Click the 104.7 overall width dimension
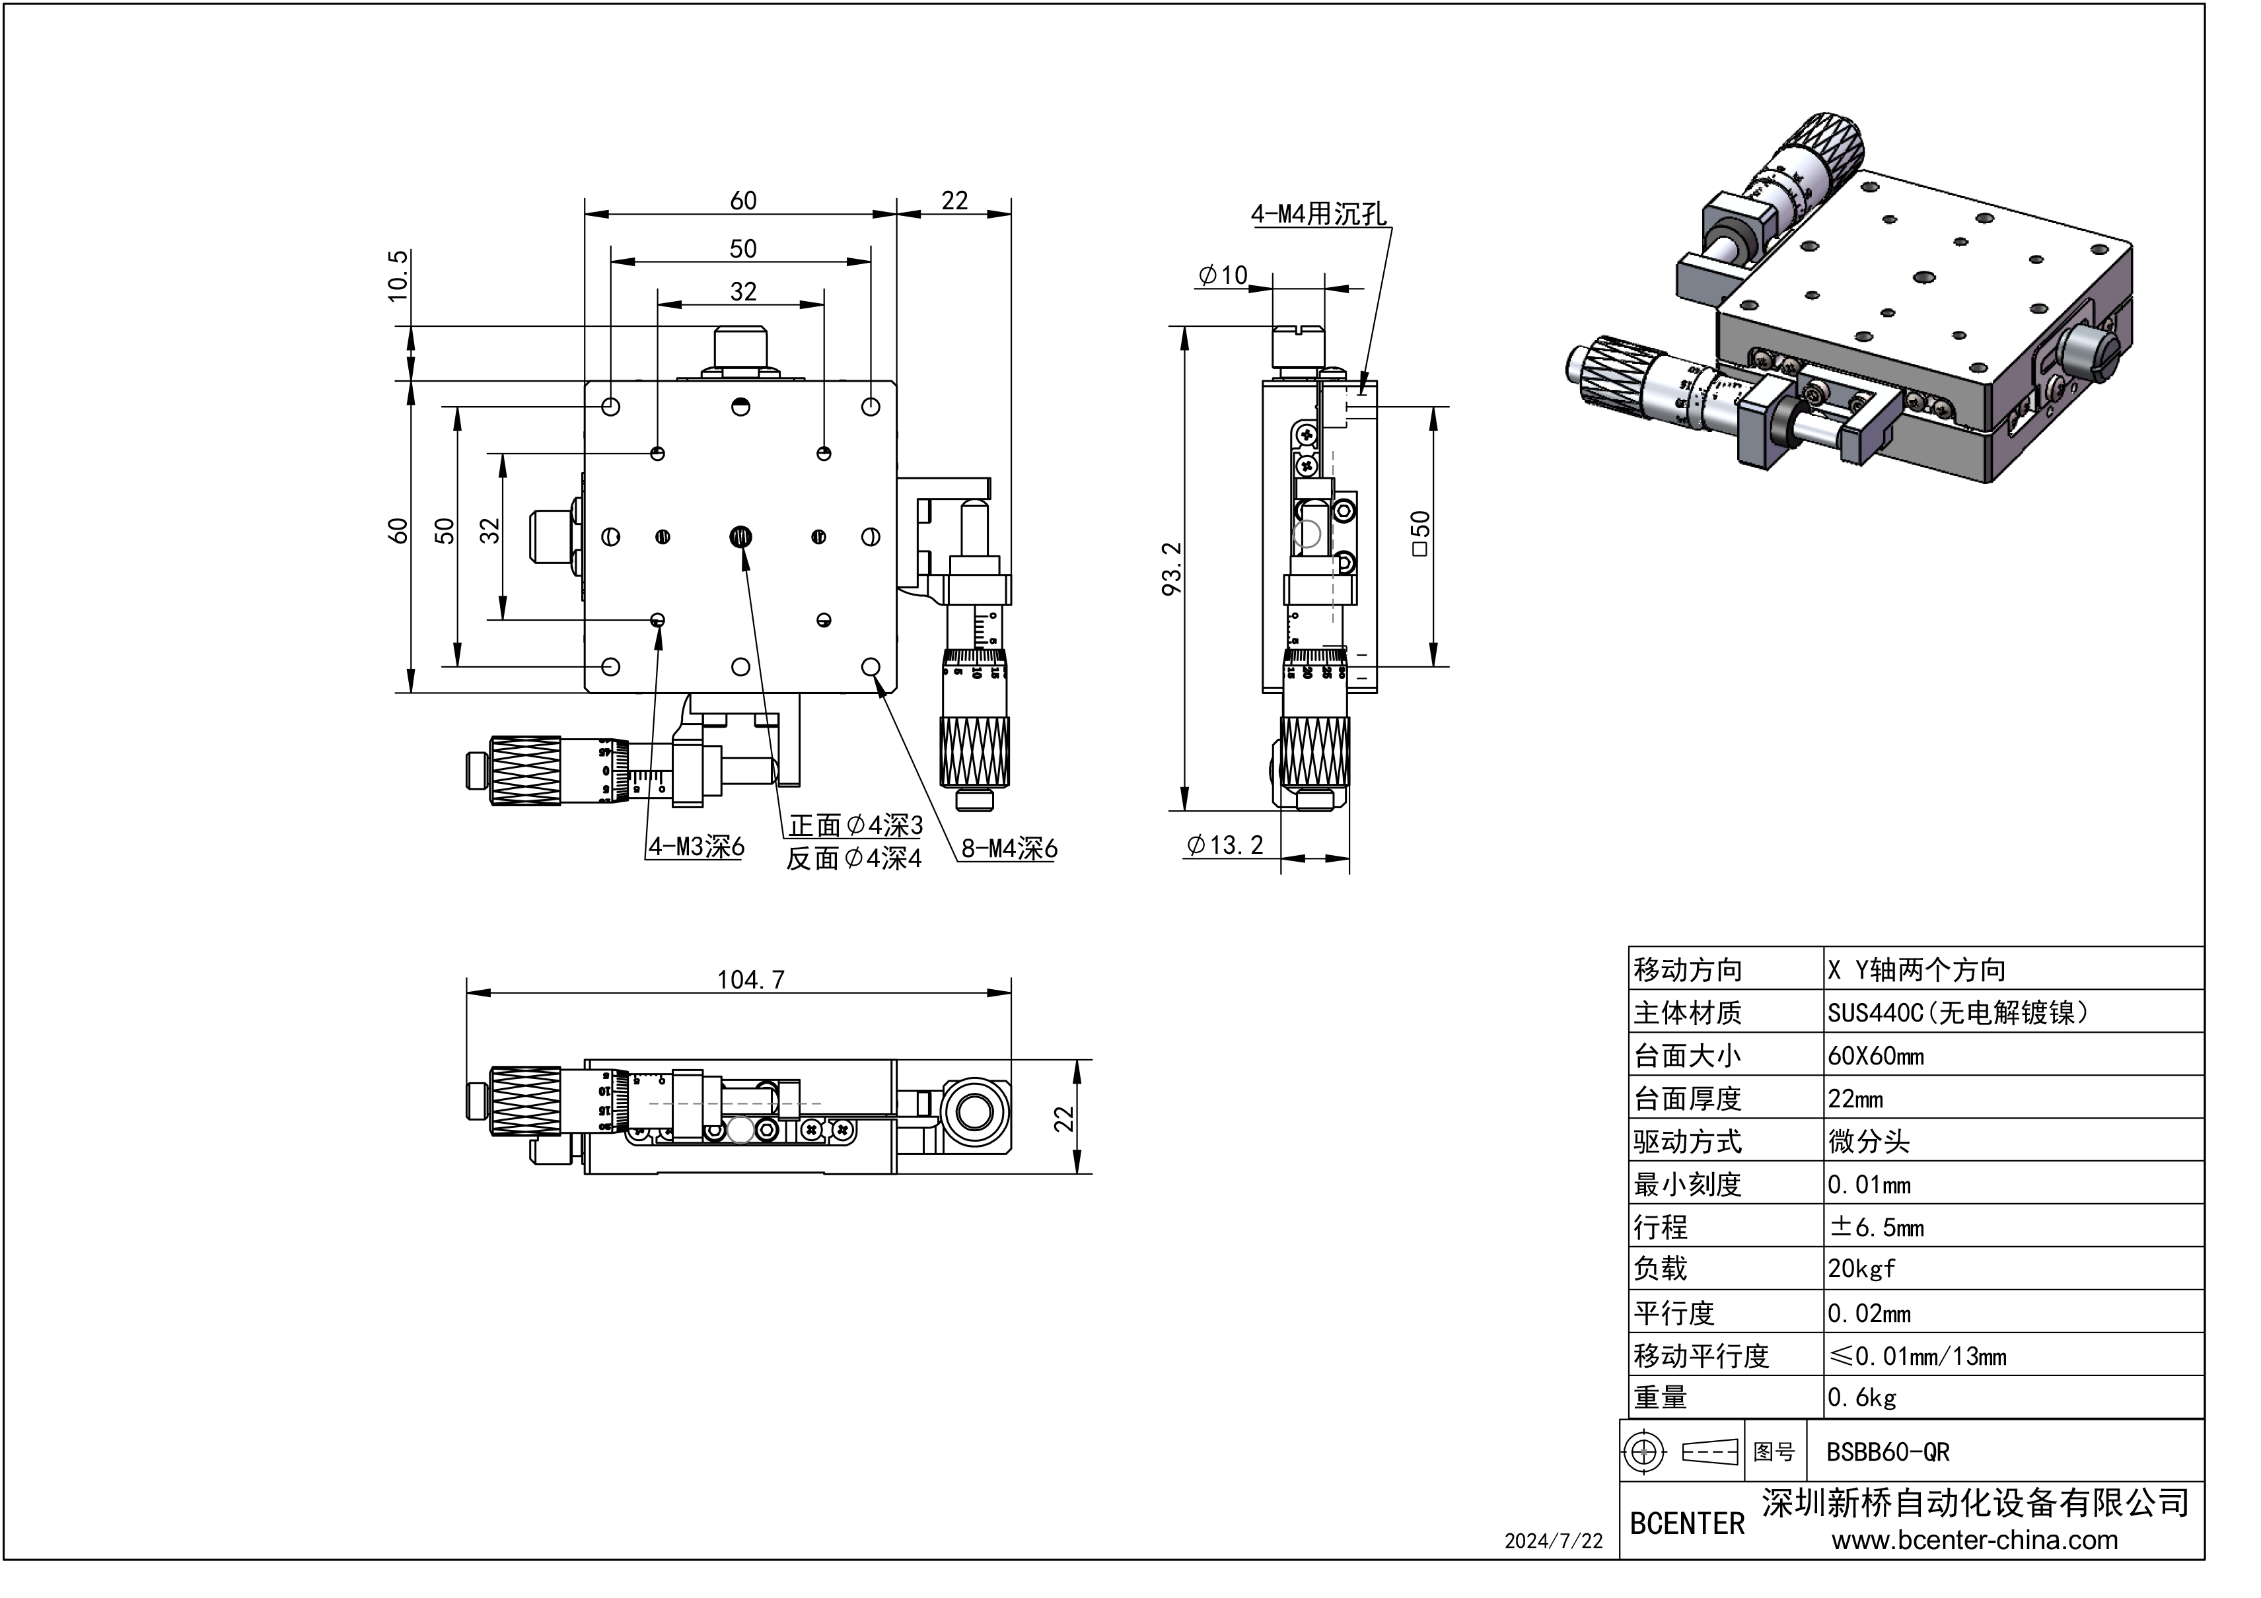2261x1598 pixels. click(x=750, y=980)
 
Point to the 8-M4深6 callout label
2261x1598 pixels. click(x=1009, y=848)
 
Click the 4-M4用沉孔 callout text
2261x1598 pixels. click(x=1318, y=214)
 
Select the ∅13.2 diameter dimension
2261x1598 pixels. click(x=1225, y=845)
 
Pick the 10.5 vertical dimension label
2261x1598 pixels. click(x=397, y=275)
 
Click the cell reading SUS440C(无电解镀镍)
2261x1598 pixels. click(x=1958, y=1013)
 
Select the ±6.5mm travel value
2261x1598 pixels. click(x=1875, y=1227)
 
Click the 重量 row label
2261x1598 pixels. click(x=1661, y=1397)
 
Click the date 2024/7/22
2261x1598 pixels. click(x=1553, y=1542)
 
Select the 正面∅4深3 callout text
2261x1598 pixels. click(x=855, y=825)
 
